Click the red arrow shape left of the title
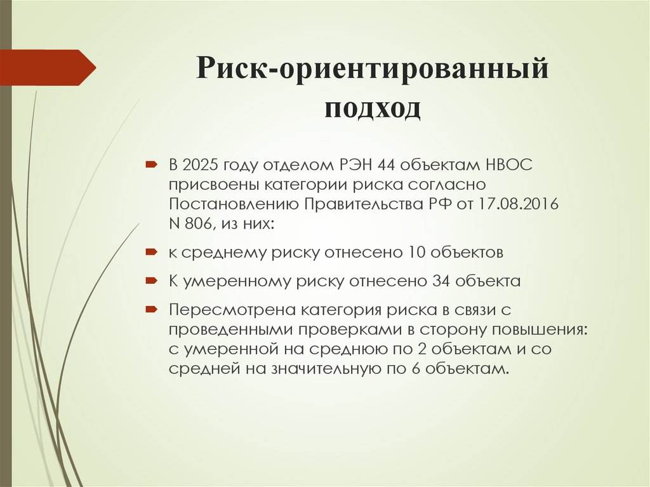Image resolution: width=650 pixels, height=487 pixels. (x=48, y=67)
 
